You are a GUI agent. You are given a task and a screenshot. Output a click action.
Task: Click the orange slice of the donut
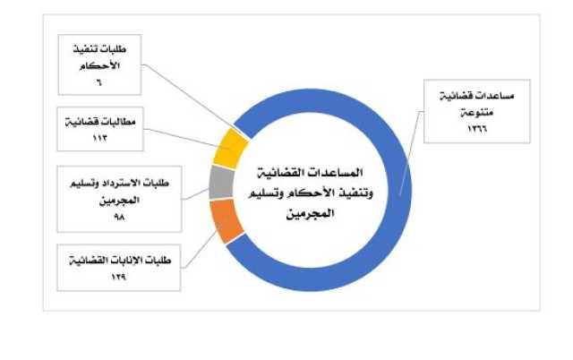pos(227,220)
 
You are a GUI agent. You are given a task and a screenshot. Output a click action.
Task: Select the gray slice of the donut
pos(221,182)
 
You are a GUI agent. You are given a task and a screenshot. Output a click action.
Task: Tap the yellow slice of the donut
pos(230,149)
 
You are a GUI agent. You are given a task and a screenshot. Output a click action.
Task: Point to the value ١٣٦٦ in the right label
pos(477,128)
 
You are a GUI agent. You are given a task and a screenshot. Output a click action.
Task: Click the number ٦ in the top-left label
pos(99,82)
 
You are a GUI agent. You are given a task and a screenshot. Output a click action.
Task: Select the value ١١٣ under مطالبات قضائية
pos(99,138)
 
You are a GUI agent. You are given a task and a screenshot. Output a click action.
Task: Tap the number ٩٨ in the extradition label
pos(119,217)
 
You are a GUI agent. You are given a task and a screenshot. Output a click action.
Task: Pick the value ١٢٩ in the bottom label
pos(119,277)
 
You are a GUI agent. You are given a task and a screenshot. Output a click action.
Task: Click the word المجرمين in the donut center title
pos(310,213)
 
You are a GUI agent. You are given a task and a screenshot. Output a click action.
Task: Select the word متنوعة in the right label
pos(476,112)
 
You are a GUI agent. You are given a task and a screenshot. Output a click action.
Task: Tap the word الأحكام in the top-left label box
pos(99,65)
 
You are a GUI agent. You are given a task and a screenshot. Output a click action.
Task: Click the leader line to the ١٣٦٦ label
pos(411,153)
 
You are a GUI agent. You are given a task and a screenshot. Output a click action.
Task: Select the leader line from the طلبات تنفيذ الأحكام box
pos(192,99)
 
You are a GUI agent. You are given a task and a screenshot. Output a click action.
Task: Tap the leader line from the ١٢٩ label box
pos(200,249)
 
